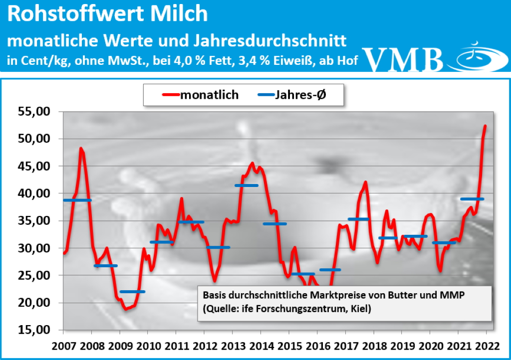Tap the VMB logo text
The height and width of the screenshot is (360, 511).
click(x=404, y=59)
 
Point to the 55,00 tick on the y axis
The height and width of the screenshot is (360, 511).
click(x=34, y=112)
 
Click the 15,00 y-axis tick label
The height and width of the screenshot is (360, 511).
click(x=34, y=330)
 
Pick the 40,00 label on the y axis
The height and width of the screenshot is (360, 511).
click(x=34, y=193)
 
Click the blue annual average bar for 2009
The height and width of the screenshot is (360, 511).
click(x=132, y=291)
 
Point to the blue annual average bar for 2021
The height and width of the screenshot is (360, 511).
click(x=472, y=199)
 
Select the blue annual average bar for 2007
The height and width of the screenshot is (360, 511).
click(x=77, y=200)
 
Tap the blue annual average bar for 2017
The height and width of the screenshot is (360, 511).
click(x=358, y=219)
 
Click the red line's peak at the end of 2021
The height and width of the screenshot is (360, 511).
click(x=486, y=126)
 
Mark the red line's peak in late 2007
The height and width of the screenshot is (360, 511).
click(x=81, y=148)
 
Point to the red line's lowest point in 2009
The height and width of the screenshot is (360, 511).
click(x=126, y=309)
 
